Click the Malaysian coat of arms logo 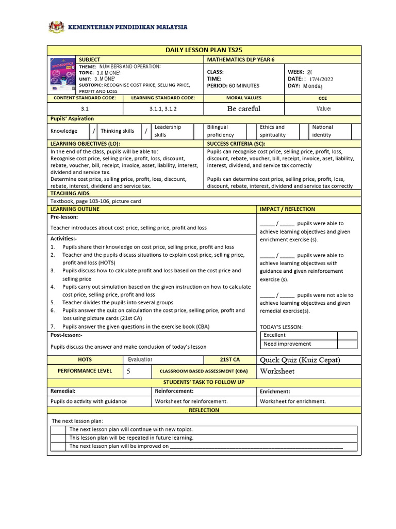[56, 26]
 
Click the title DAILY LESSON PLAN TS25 [204, 50]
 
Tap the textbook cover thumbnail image [61, 75]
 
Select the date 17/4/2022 [322, 79]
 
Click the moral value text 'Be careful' [243, 108]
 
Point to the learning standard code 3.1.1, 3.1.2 [163, 109]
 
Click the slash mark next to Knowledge [93, 131]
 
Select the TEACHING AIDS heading [70, 193]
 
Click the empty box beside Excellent [347, 335]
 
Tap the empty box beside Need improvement [347, 344]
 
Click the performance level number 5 [128, 371]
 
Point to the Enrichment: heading [275, 392]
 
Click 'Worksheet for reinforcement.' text [191, 401]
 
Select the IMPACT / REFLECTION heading [287, 209]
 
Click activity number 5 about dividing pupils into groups [118, 302]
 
